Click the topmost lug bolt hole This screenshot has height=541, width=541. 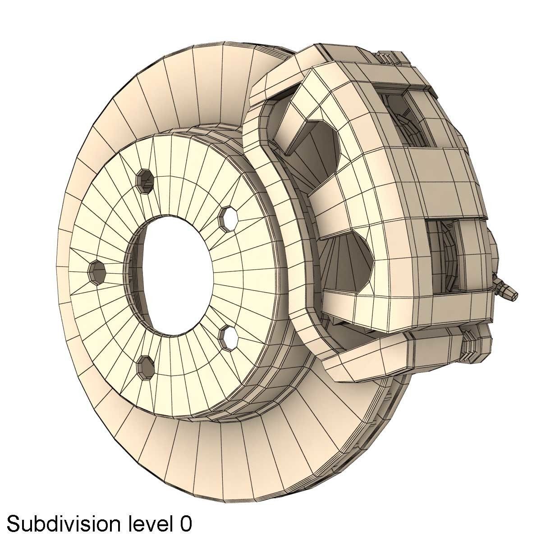click(145, 181)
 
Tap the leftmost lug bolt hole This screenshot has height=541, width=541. click(97, 270)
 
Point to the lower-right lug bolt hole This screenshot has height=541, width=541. click(229, 335)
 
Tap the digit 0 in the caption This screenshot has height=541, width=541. click(185, 524)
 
